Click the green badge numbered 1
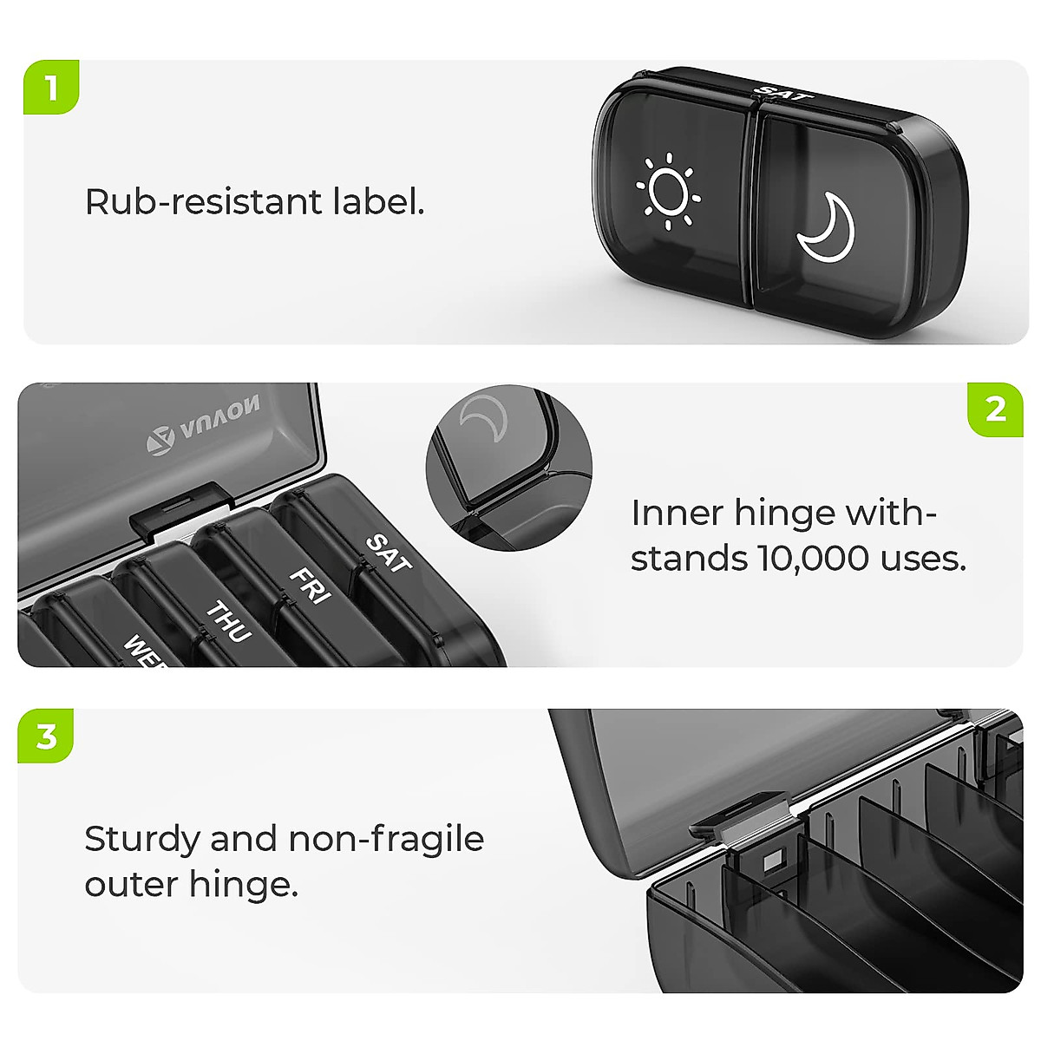coord(50,88)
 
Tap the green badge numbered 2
coord(996,409)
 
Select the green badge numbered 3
coord(46,736)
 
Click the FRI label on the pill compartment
coord(308,586)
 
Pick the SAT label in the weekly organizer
coord(388,553)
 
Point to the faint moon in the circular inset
coord(479,416)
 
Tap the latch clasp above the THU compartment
coord(180,509)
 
